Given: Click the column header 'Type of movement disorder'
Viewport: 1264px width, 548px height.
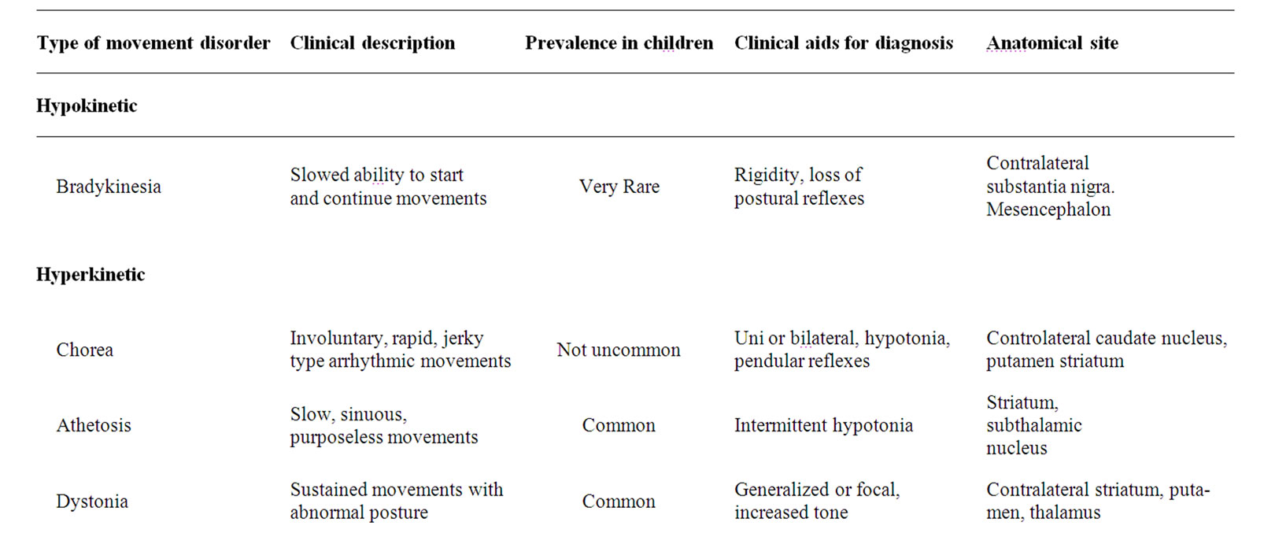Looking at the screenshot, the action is point(153,43).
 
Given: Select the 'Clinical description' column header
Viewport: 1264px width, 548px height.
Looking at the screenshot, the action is point(372,43).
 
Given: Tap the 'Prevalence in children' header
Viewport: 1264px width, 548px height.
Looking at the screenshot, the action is point(619,43).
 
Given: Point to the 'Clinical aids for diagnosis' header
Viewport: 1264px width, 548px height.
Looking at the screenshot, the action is point(844,43).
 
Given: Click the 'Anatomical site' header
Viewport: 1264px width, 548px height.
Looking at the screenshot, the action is point(1052,43).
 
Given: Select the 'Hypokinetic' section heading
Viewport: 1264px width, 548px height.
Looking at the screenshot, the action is point(87,106).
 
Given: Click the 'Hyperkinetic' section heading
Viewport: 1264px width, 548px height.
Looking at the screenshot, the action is point(91,275).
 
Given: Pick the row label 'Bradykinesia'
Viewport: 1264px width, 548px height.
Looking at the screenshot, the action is point(109,187).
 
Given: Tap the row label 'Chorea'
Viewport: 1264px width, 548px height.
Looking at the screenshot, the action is point(85,350).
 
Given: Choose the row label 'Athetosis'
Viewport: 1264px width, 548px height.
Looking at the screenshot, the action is point(94,425).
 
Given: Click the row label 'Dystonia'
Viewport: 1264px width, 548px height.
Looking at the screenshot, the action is point(92,502).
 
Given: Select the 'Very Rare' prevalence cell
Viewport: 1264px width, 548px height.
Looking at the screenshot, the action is point(619,187).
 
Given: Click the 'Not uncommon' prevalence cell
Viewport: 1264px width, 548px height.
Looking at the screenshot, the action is point(619,350).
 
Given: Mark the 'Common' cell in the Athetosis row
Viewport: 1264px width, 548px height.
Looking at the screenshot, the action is point(619,425).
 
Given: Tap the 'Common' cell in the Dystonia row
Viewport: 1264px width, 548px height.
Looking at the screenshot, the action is point(619,502).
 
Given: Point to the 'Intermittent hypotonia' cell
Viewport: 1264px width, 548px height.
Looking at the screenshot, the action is point(823,425).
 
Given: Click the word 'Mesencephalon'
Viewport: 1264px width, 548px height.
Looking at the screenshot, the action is point(1048,209).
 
